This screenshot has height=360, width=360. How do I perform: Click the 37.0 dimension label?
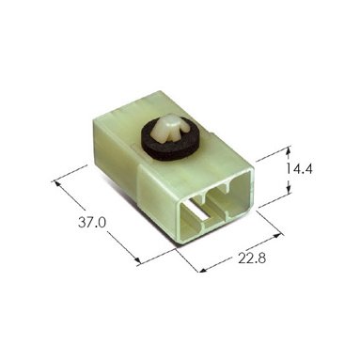click(x=92, y=223)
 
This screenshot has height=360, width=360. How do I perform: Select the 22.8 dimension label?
click(x=252, y=258)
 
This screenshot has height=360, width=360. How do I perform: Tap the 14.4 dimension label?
click(x=299, y=169)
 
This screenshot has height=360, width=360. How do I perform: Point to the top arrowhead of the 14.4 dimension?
click(x=289, y=151)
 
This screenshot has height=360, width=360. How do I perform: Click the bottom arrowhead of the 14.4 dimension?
click(x=289, y=190)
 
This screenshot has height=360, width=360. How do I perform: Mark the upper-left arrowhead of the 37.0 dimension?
click(x=57, y=183)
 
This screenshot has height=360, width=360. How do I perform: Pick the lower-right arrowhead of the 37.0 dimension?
click(x=136, y=259)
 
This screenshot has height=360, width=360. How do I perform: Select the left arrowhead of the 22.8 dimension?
click(x=204, y=270)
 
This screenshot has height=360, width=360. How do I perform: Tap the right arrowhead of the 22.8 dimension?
click(x=279, y=234)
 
